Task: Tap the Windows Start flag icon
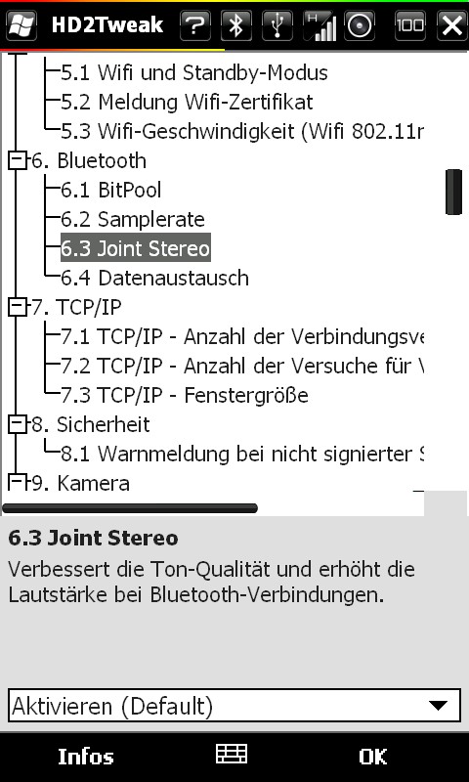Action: tap(21, 25)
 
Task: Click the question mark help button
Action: tap(194, 25)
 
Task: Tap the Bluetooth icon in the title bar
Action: tap(236, 25)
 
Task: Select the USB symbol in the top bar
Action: tap(277, 25)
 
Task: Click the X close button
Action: tap(452, 25)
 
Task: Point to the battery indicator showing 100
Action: tap(410, 25)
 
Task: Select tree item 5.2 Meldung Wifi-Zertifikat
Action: tap(187, 103)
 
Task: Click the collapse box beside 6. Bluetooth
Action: tap(17, 161)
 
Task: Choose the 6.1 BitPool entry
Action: tap(111, 190)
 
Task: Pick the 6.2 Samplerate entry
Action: tap(133, 219)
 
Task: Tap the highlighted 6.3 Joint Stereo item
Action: tap(136, 248)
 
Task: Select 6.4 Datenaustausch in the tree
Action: tap(154, 278)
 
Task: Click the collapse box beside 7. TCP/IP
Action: tap(17, 308)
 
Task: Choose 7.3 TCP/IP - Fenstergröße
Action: tap(185, 396)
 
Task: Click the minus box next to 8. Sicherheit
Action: tap(17, 425)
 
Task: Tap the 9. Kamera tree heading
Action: tap(81, 483)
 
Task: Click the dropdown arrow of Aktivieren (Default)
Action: tap(438, 705)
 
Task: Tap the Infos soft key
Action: tap(86, 757)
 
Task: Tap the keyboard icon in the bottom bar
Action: tap(232, 754)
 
